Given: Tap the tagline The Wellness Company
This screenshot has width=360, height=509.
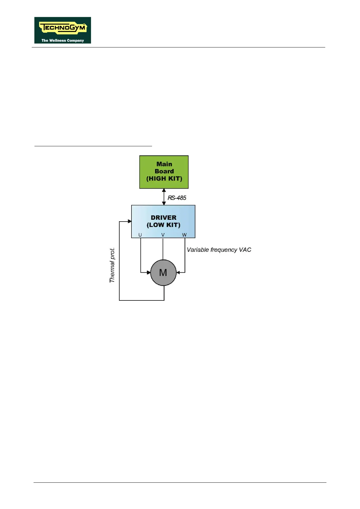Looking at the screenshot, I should click(63, 40).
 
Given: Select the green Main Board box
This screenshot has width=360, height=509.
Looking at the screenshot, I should click(164, 172).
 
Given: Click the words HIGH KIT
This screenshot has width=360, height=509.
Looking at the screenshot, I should click(164, 179).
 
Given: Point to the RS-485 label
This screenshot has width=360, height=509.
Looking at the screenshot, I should click(177, 198).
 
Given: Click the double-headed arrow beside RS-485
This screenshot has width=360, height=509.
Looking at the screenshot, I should click(164, 197).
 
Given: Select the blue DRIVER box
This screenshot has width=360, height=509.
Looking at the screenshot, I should click(163, 221).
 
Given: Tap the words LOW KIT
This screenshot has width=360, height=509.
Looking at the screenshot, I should click(164, 225).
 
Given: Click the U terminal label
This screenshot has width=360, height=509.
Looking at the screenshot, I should click(140, 235).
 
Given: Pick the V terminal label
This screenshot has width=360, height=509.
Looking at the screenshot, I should click(163, 235).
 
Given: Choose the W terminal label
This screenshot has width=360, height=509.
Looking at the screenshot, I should click(184, 235).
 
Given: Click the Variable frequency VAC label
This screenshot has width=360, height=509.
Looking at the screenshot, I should click(219, 250).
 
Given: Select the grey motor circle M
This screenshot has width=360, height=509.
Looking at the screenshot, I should click(163, 273).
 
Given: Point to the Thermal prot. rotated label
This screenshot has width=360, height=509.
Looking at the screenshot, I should click(112, 265).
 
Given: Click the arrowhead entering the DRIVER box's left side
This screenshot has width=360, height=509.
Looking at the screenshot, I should click(130, 221).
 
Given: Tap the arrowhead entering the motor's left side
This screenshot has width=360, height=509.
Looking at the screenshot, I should click(148, 273).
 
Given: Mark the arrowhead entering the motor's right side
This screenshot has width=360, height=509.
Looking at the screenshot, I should click(178, 273).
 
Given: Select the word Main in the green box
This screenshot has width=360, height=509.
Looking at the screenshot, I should click(164, 164).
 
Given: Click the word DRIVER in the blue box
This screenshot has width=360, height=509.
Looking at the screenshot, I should click(164, 218).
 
